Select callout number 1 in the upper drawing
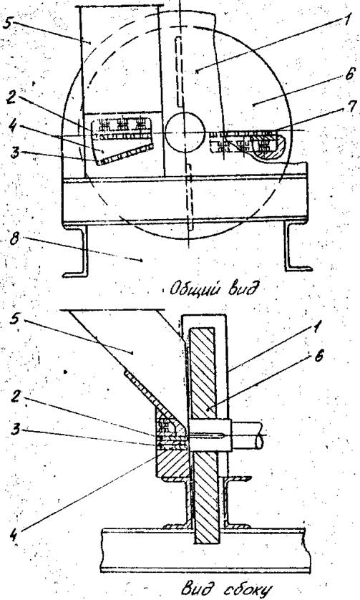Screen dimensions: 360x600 pyautogui.click(x=347, y=19)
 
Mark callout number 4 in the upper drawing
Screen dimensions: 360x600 pyautogui.click(x=13, y=127)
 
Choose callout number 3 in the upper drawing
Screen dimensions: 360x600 pyautogui.click(x=14, y=153)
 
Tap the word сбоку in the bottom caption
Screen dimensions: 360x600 pyautogui.click(x=242, y=589)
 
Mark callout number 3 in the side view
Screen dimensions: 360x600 pyautogui.click(x=15, y=430)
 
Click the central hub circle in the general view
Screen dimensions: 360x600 pyautogui.click(x=184, y=132)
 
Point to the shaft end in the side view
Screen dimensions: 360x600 pyautogui.click(x=248, y=435)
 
